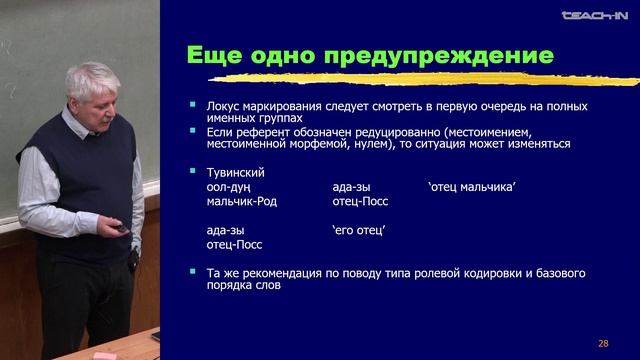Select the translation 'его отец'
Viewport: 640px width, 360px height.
point(359,229)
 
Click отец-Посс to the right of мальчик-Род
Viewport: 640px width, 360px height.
point(360,201)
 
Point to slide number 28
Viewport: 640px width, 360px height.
point(603,343)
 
